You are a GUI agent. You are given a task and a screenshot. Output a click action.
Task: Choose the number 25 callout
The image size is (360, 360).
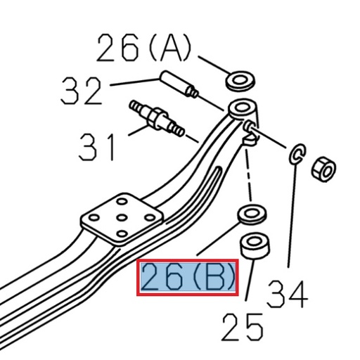(x=243, y=327)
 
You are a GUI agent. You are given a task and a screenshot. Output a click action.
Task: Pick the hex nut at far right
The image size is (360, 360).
(x=323, y=169)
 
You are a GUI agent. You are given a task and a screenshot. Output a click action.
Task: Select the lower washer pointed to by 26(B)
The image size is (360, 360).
(x=251, y=214)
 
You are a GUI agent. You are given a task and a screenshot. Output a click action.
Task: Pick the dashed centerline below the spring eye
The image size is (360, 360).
(x=248, y=176)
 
